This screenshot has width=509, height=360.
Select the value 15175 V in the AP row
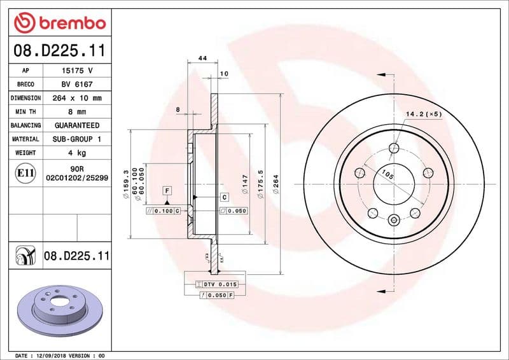pos(77,71)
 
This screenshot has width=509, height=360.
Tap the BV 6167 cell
pos(77,84)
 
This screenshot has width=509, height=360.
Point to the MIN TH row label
pos(25,112)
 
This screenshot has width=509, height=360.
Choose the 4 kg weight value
pos(77,153)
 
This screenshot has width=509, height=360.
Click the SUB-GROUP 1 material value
pos(77,139)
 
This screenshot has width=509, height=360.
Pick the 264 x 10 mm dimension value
pos(77,98)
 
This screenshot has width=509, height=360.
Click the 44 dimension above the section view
pos(203,59)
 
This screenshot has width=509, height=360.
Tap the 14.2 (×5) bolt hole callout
pos(424,114)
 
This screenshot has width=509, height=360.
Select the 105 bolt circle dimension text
pos(386,173)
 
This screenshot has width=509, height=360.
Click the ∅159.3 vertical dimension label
pos(126,185)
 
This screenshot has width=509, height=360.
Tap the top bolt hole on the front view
pos(394,148)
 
